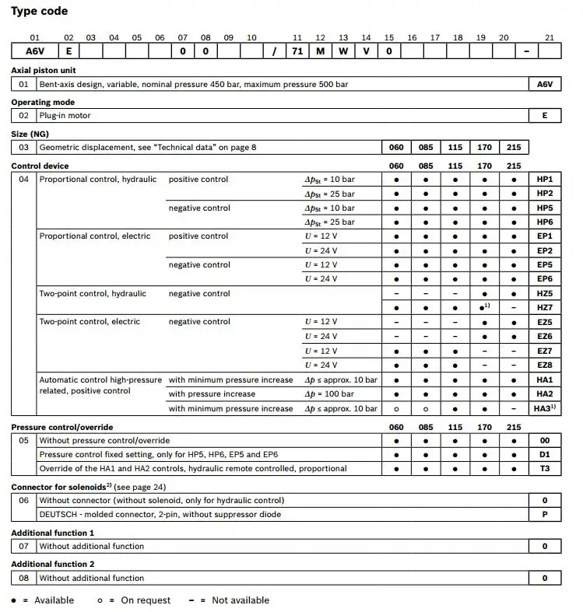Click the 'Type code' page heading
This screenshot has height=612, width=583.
click(x=39, y=11)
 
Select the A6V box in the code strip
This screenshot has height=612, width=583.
click(x=34, y=51)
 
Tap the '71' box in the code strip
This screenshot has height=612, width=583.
click(x=297, y=51)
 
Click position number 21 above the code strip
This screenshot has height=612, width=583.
click(x=550, y=37)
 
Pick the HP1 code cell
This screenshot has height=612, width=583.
click(x=544, y=180)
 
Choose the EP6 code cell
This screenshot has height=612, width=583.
click(x=544, y=279)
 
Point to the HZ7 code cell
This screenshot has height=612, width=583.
click(x=544, y=308)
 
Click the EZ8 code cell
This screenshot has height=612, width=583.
click(x=544, y=365)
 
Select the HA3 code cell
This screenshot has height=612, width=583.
click(x=544, y=408)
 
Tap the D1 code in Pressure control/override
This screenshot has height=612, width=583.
click(x=544, y=454)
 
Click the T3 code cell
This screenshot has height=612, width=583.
click(x=544, y=468)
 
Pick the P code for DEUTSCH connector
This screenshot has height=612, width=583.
click(x=544, y=514)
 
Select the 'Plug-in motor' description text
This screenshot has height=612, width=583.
click(x=65, y=115)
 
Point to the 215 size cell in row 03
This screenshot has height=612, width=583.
click(x=514, y=147)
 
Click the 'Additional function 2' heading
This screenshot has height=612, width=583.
click(x=52, y=565)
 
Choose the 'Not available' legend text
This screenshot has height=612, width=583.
click(x=240, y=600)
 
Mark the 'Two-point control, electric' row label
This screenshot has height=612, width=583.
click(x=90, y=322)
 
